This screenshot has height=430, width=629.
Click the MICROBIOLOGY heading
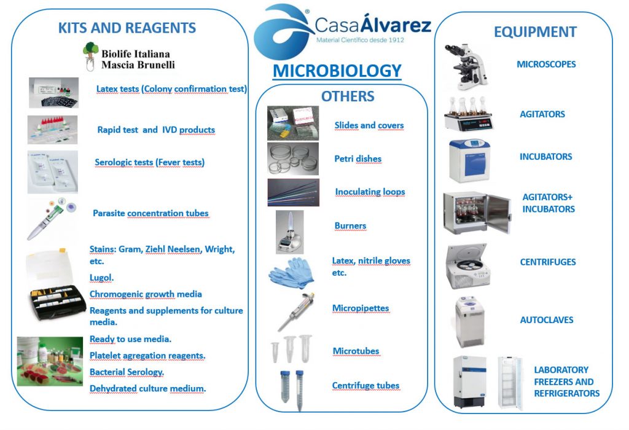coord(337,71)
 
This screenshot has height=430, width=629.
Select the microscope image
coord(466,67)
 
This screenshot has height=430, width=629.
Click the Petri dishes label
coord(358,159)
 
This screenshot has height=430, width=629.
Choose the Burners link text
coord(350,226)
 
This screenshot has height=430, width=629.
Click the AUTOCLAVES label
coord(546,320)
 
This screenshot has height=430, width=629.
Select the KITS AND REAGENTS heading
coord(127,28)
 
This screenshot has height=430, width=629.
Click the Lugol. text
coord(101,278)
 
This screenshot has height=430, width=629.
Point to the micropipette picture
coord(296,311)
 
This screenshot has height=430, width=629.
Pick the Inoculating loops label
coord(370,192)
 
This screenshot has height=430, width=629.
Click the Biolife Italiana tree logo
coord(91,56)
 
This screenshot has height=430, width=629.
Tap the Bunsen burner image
coord(290,232)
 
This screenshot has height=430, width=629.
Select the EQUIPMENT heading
coord(535,32)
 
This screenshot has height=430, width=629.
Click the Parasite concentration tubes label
coord(151,213)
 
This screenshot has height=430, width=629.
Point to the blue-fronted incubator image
coord(470,160)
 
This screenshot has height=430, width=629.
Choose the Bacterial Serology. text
coord(127,372)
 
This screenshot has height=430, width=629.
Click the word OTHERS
coord(348,96)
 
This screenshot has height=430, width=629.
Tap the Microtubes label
coord(356,351)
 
